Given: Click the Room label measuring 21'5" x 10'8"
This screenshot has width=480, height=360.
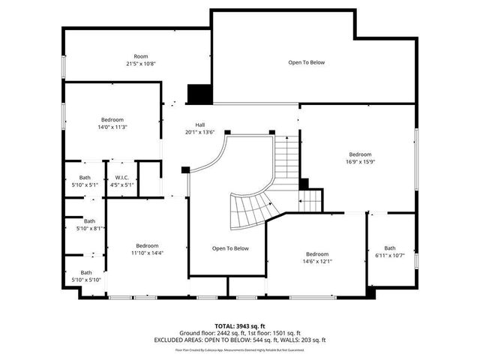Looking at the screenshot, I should point(140,60).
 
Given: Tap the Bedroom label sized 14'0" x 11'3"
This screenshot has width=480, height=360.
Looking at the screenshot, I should point(112,123).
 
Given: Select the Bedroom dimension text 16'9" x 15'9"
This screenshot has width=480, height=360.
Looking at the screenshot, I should point(359,157).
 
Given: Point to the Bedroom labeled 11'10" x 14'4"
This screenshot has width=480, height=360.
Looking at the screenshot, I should point(147,249).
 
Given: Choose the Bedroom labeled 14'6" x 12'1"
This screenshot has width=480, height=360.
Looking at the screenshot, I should point(316,257).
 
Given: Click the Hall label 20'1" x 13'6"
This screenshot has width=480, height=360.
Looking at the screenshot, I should point(199,128).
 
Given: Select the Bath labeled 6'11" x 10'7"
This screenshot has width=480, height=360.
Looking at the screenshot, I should point(390,251).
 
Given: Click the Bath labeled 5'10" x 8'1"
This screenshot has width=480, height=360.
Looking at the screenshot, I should point(90,224).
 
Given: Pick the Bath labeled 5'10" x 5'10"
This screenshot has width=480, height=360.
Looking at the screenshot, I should point(87,276).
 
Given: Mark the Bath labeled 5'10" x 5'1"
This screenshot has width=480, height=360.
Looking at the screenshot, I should point(85,181).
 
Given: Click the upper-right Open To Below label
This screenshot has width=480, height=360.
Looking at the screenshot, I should point(307,62).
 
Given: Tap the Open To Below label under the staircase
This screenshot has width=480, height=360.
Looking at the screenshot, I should point(230,248).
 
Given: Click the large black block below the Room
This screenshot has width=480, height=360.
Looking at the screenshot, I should point(199,94).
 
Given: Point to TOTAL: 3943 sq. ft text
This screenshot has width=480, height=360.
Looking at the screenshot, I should point(239,325).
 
